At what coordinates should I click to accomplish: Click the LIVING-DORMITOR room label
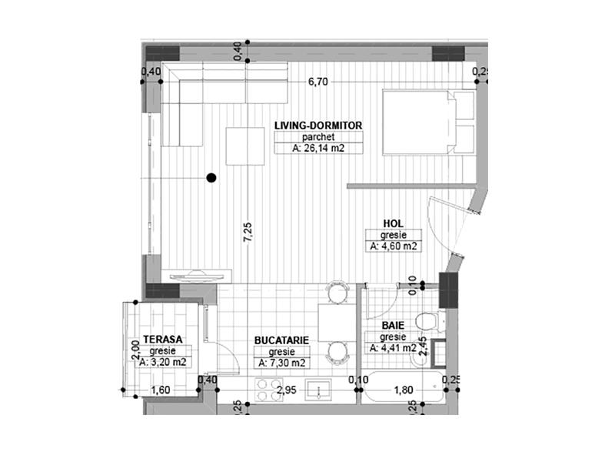point(317,125)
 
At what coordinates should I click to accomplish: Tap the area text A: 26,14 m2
point(317,149)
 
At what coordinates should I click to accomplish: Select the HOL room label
point(394,224)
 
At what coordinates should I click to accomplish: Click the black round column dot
point(211,178)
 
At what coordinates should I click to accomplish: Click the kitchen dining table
point(333,323)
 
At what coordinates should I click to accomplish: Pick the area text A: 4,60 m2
point(394,246)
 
